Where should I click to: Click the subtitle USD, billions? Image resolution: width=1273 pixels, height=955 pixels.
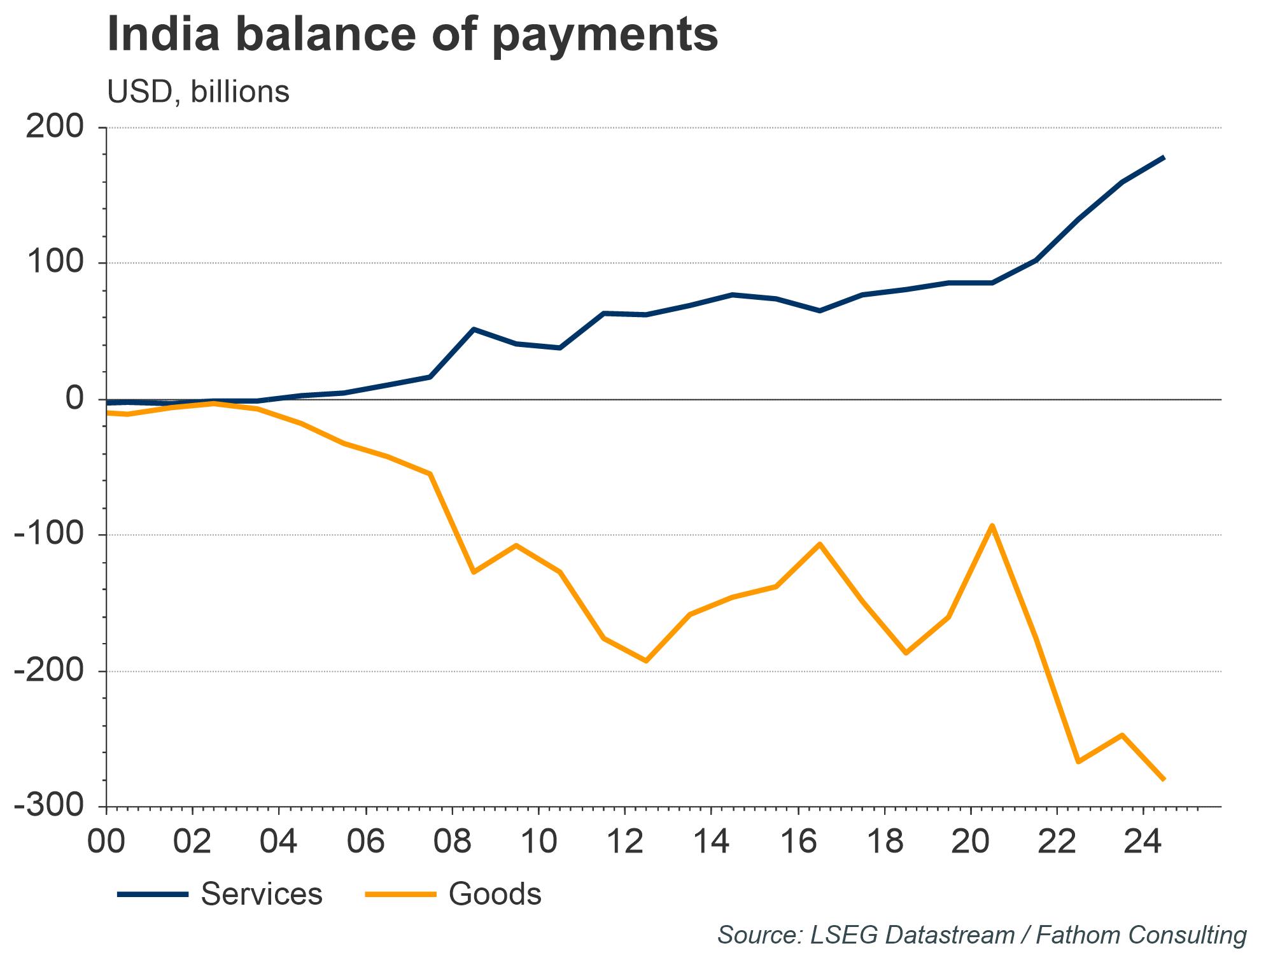point(198,92)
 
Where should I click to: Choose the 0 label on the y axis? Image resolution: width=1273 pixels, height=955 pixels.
point(75,400)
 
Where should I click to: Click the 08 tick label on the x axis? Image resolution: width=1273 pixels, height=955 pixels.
point(452,842)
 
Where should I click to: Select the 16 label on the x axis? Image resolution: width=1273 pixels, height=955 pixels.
point(798,842)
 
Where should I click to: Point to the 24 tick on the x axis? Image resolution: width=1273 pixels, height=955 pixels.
point(1143,842)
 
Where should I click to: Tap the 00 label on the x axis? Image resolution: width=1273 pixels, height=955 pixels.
point(106,842)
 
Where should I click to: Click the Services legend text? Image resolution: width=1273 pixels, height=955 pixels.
point(262,894)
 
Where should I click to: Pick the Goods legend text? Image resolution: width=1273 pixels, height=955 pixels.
point(495,894)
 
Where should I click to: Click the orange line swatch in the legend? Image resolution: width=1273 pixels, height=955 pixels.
point(400,895)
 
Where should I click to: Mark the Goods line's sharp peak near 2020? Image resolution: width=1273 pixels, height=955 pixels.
point(992,526)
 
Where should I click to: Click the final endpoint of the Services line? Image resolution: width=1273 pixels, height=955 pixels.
point(1164,157)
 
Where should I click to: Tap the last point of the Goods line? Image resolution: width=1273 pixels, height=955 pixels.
point(1164,779)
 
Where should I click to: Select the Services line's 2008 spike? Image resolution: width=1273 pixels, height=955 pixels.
point(474,329)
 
